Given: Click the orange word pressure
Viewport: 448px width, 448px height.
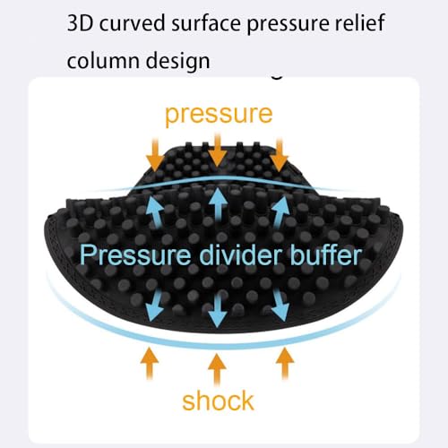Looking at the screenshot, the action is pyautogui.click(x=219, y=116).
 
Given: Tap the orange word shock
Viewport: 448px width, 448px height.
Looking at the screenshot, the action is pyautogui.click(x=218, y=401).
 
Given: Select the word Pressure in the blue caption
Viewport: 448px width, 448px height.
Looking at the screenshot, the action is pyautogui.click(x=135, y=254).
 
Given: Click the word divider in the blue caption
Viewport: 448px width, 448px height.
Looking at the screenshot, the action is pyautogui.click(x=240, y=254).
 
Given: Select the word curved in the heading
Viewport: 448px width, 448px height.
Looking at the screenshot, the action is pyautogui.click(x=133, y=23).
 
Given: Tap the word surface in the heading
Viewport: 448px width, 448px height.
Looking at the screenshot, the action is pyautogui.click(x=206, y=23).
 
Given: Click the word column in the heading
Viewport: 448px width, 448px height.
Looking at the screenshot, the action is pyautogui.click(x=103, y=60).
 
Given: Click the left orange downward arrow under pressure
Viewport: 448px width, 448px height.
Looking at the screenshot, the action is pyautogui.click(x=155, y=155).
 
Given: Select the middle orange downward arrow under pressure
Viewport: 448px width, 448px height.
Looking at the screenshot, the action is pyautogui.click(x=218, y=151).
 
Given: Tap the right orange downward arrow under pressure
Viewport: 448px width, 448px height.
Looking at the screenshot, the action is pyautogui.click(x=280, y=155).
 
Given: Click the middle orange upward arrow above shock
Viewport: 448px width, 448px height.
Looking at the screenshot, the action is pyautogui.click(x=217, y=370).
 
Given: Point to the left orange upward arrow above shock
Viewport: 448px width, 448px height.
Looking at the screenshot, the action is pyautogui.click(x=150, y=363).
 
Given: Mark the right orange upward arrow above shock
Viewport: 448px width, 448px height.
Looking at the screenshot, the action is pyautogui.click(x=285, y=363).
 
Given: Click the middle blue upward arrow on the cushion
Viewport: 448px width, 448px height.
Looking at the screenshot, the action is pyautogui.click(x=218, y=204).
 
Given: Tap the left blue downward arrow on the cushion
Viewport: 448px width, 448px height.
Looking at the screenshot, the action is pyautogui.click(x=155, y=306).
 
